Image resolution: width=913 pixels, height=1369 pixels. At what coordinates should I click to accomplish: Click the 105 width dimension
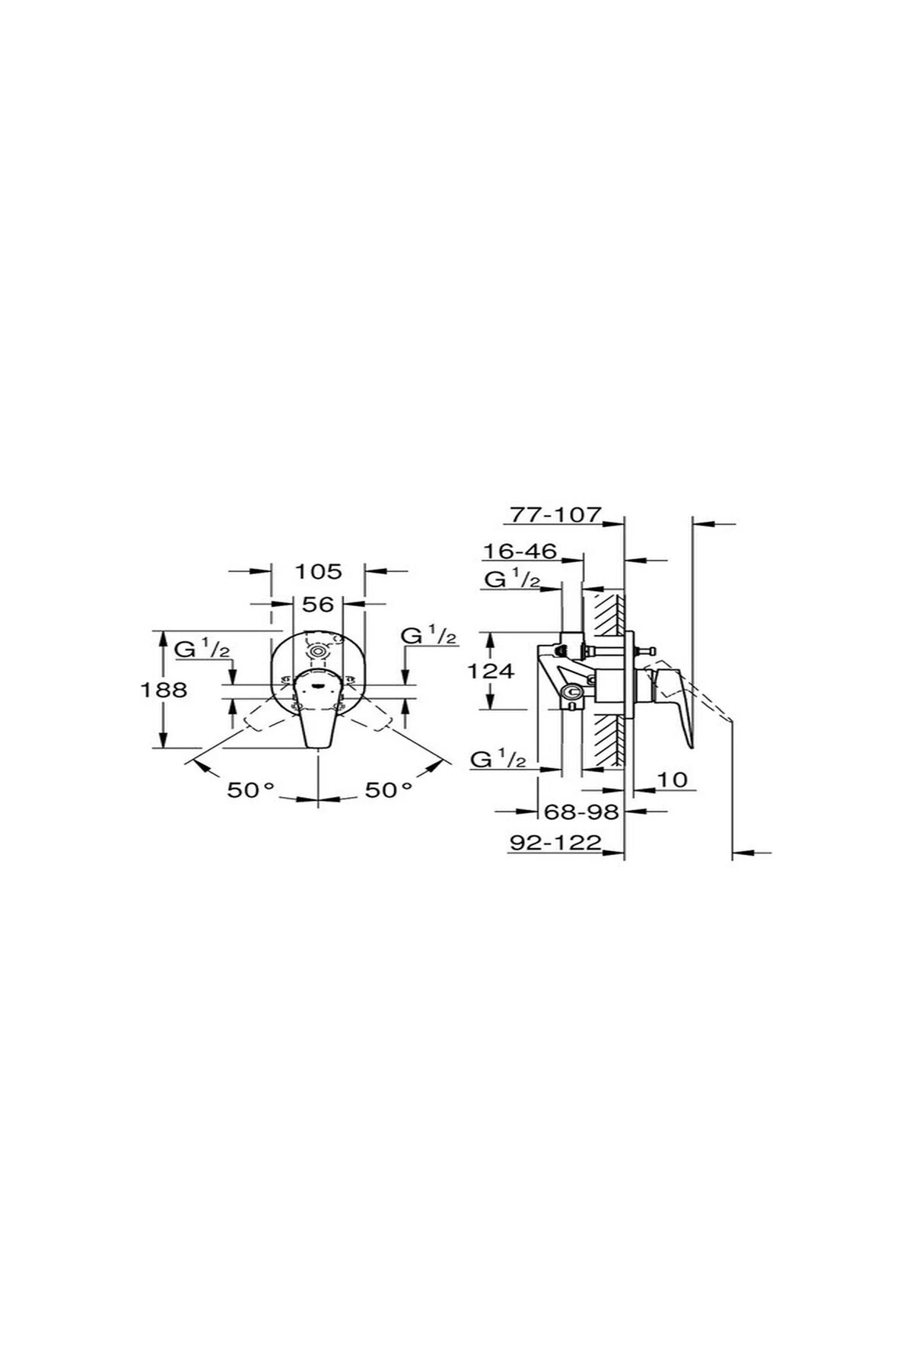319,570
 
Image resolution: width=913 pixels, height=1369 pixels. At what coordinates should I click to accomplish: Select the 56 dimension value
318,604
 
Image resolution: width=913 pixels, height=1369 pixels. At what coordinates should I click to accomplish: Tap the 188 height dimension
164,690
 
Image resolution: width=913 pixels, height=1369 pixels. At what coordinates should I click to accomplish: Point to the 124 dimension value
491,671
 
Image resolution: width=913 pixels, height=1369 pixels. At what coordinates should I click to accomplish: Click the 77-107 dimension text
555,515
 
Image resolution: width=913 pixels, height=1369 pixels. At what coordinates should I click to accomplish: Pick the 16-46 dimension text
520,550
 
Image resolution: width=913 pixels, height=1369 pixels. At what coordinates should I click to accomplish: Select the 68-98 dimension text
582,812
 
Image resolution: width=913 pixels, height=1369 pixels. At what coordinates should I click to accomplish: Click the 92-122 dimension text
555,842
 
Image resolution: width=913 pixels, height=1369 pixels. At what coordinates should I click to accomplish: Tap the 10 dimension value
672,780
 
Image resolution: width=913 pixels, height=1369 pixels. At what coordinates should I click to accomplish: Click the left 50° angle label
250,790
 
